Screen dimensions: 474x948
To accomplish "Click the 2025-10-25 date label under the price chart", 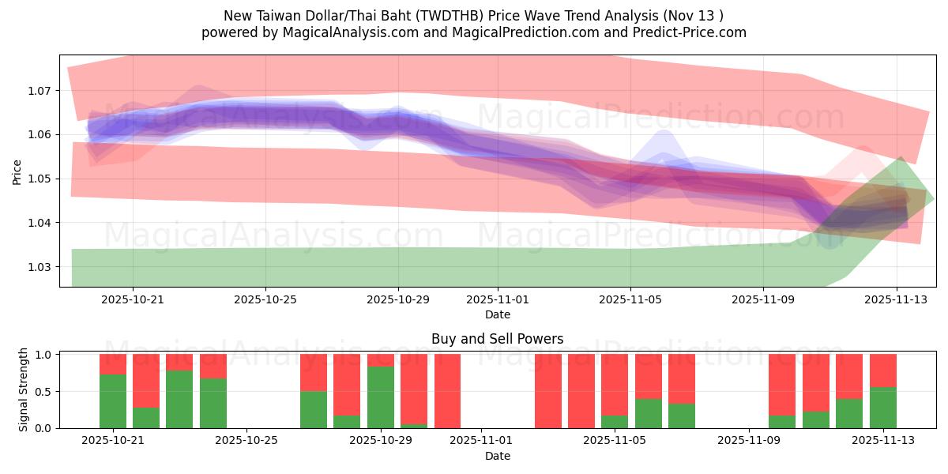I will pyautogui.click(x=265, y=299).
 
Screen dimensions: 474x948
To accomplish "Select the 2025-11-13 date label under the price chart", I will pyautogui.click(x=896, y=299).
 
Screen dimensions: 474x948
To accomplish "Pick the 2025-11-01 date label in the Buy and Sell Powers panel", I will pyautogui.click(x=481, y=441).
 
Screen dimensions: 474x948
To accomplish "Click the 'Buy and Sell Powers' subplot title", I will pyautogui.click(x=497, y=339).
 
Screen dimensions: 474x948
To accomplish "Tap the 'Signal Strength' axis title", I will pyautogui.click(x=24, y=389).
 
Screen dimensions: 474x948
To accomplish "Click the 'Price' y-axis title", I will pyautogui.click(x=17, y=171).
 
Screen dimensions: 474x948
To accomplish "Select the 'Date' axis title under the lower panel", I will pyautogui.click(x=497, y=456).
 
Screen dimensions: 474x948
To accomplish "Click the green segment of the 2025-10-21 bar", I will pyautogui.click(x=113, y=401).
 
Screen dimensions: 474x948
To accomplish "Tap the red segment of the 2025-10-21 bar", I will pyautogui.click(x=113, y=364).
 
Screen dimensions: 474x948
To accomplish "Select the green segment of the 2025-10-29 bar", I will pyautogui.click(x=381, y=397).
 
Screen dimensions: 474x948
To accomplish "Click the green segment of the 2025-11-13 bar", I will pyautogui.click(x=883, y=408).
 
